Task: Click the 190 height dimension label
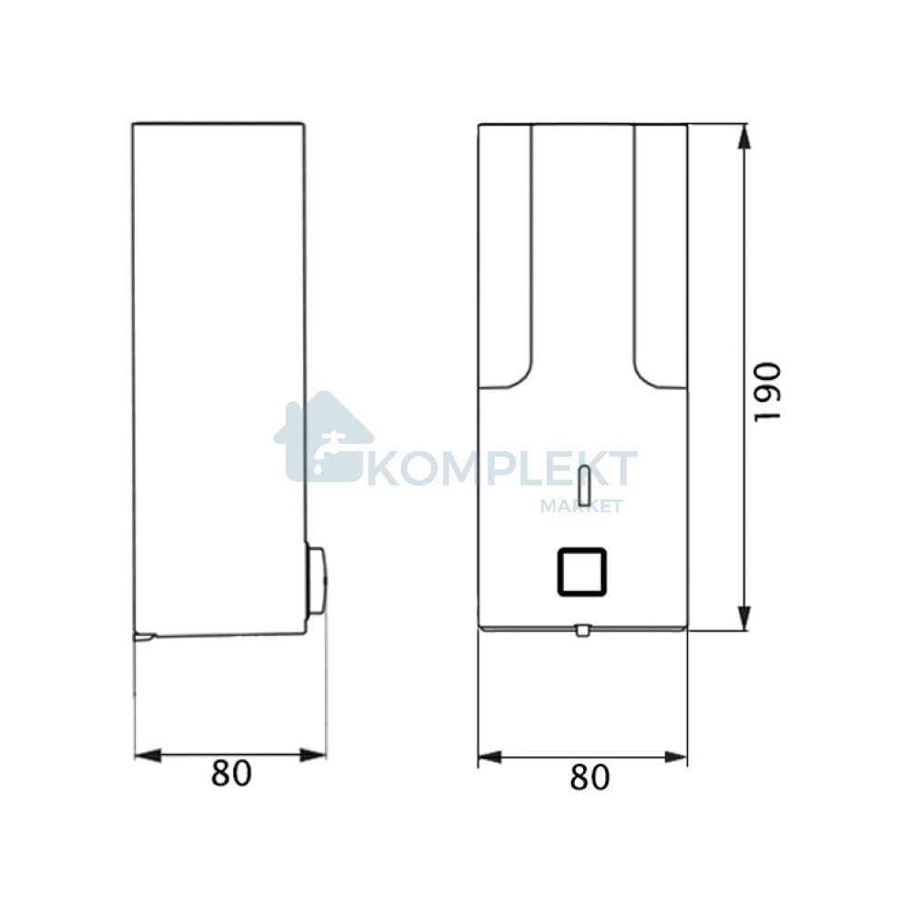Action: click(766, 392)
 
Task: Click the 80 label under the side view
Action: click(231, 773)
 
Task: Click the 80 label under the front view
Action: click(589, 777)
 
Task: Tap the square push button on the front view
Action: click(582, 572)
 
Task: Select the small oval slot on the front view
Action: click(585, 485)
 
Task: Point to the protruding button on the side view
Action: click(316, 580)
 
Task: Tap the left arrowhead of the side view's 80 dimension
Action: click(148, 754)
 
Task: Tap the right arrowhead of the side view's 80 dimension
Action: click(313, 755)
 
